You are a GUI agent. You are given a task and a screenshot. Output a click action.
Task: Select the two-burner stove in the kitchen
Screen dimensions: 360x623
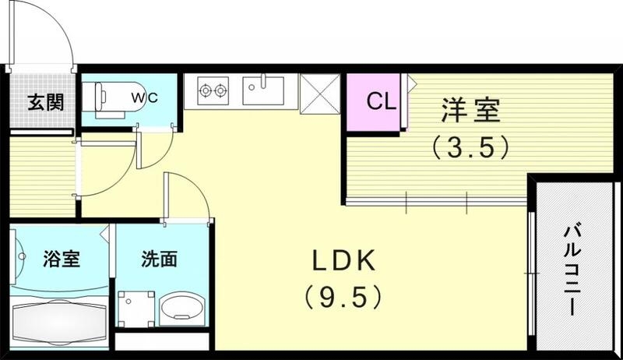(x=211, y=91)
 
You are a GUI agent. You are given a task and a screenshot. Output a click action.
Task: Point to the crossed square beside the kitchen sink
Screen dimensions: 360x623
(x=319, y=92)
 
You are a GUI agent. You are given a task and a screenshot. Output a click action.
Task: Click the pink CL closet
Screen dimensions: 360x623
(x=375, y=101)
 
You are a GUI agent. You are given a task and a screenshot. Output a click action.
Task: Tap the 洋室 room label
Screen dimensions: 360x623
(x=470, y=110)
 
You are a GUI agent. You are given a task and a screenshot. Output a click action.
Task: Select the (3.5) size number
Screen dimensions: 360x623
(x=471, y=146)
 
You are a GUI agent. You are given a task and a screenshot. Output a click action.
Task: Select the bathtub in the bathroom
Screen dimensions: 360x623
(x=59, y=321)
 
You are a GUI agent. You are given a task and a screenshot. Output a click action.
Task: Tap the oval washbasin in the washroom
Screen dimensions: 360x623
(x=181, y=311)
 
